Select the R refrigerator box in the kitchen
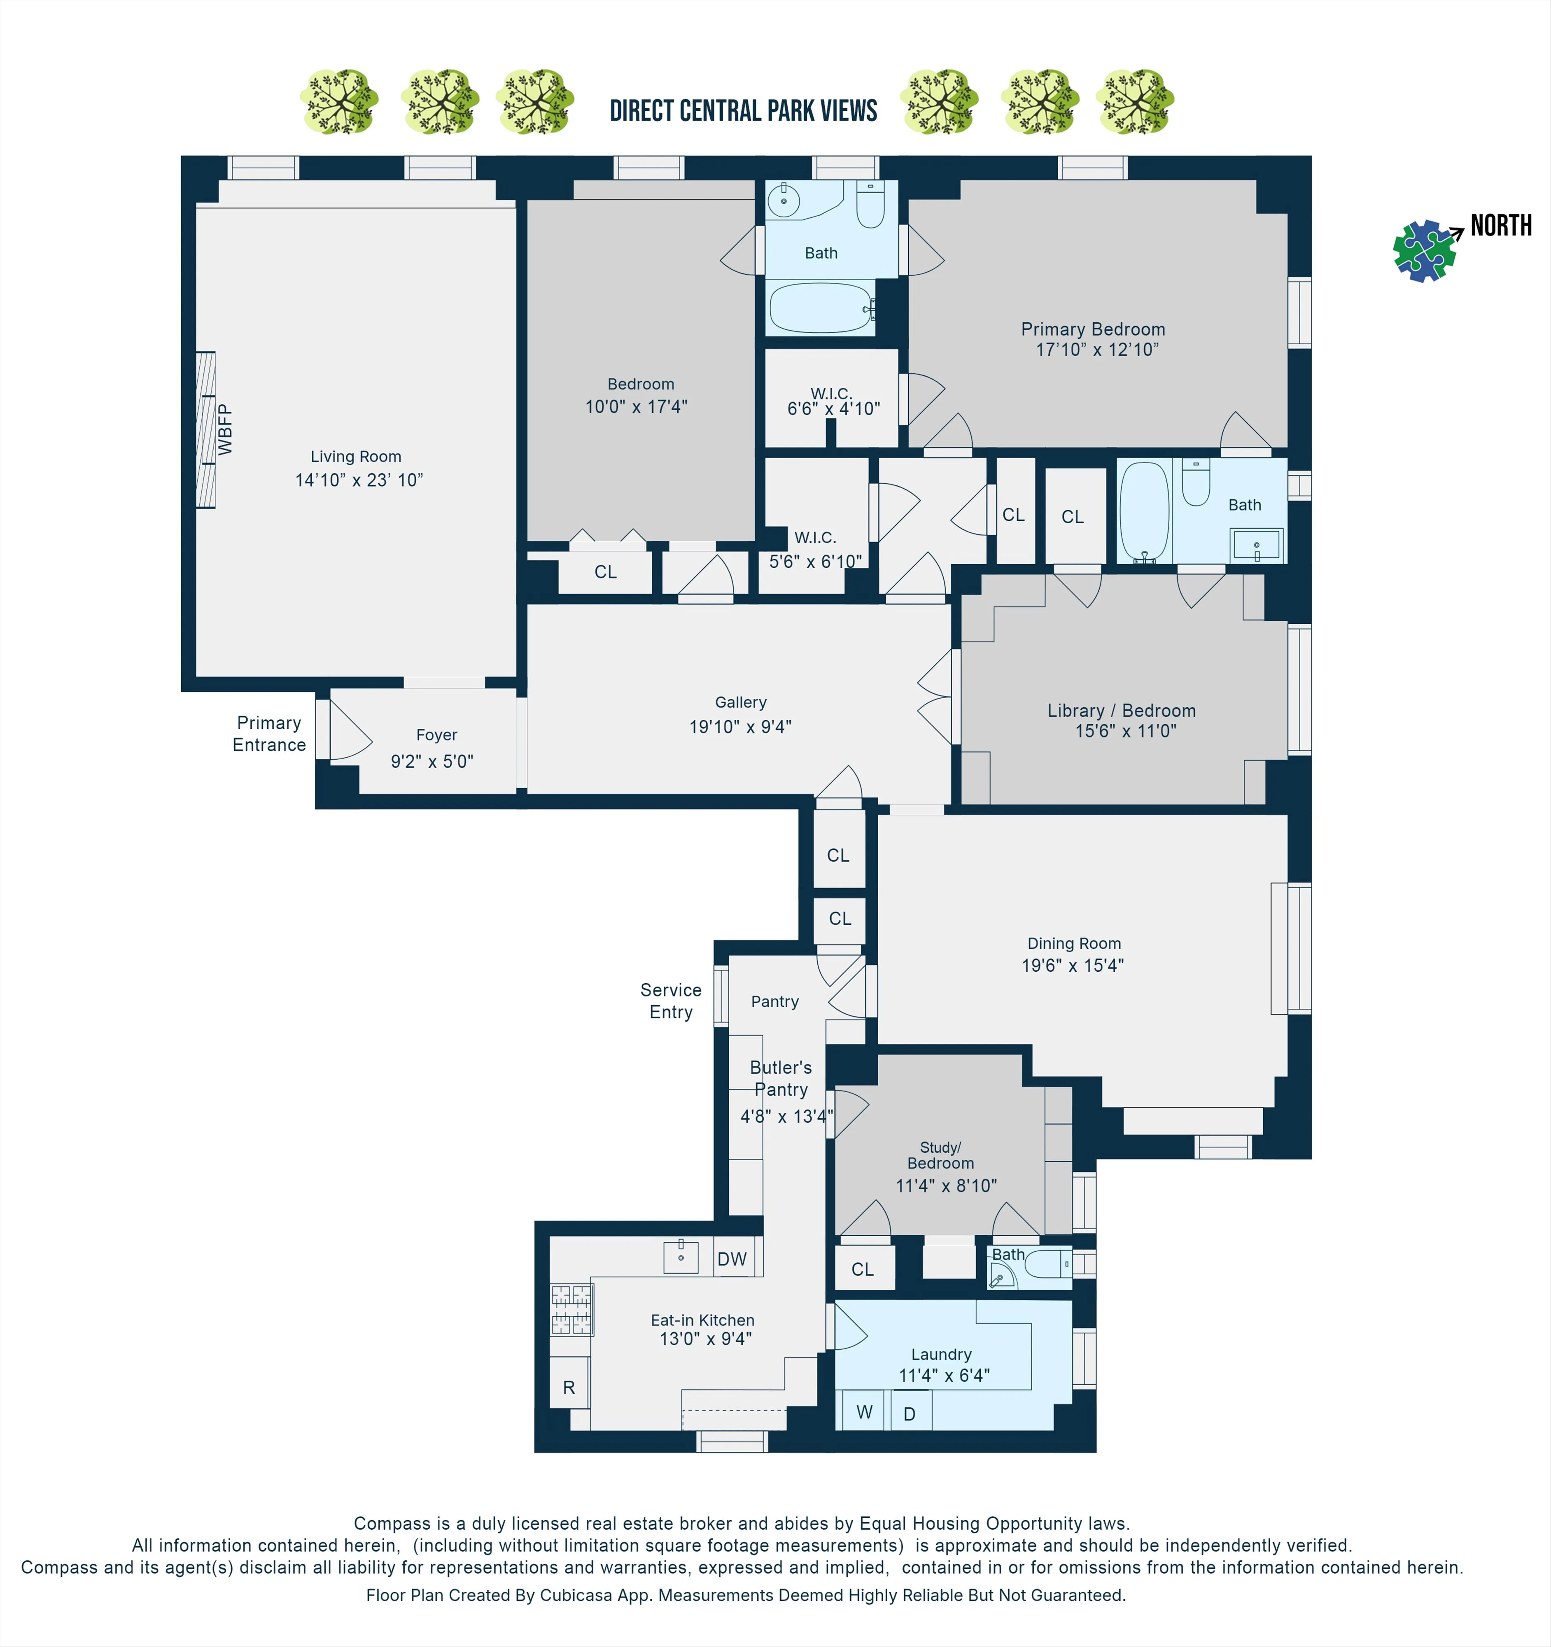point(569,1388)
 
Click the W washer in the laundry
point(864,1413)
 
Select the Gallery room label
point(741,702)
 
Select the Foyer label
point(436,735)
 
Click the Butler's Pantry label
point(781,1079)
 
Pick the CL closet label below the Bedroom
point(606,572)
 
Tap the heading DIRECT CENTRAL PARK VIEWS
point(743,111)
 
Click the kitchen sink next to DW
point(681,1257)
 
